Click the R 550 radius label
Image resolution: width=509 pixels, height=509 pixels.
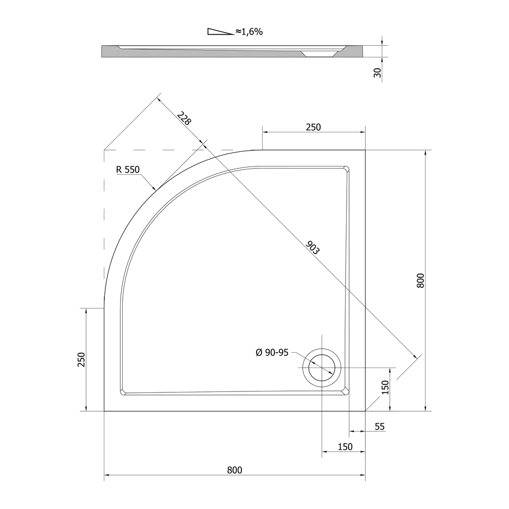click(128, 169)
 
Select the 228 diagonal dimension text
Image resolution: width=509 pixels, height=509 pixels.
click(184, 118)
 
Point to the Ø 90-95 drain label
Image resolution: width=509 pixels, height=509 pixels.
click(272, 353)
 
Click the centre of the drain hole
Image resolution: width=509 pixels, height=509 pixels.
click(322, 367)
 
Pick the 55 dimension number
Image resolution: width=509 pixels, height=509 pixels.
click(380, 427)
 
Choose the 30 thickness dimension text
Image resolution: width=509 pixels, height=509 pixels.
click(377, 73)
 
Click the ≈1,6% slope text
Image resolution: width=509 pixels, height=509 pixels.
click(249, 32)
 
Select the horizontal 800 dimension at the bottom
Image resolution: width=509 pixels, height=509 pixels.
click(235, 470)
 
